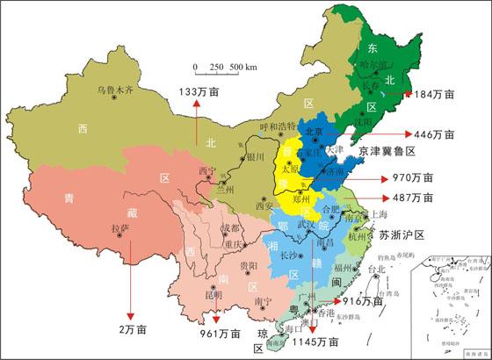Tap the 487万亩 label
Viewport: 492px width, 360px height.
[412, 198]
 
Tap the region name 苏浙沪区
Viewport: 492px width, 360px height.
[402, 235]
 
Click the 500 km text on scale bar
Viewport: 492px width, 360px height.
[243, 68]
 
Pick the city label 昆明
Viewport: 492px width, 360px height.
[213, 294]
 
